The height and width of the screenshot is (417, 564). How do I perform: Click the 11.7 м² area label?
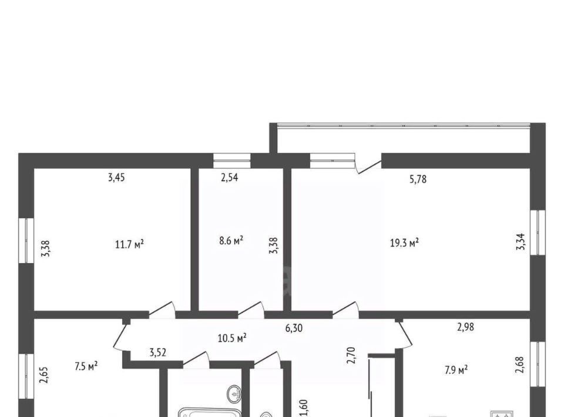click(x=129, y=245)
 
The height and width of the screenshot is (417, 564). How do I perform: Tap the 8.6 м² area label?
click(x=231, y=240)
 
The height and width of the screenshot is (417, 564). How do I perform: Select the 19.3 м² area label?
click(x=404, y=243)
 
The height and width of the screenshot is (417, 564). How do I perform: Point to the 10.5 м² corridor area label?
click(x=232, y=338)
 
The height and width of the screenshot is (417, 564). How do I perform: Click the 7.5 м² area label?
click(x=86, y=366)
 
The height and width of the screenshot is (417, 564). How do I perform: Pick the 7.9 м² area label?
click(x=456, y=370)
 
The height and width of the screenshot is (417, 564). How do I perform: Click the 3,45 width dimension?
click(x=116, y=177)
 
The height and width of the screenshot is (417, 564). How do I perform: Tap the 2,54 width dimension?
click(x=229, y=177)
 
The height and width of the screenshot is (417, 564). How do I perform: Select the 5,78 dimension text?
click(x=418, y=179)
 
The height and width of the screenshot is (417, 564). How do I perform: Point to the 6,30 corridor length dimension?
click(x=294, y=328)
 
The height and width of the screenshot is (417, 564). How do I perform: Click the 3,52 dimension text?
click(x=158, y=352)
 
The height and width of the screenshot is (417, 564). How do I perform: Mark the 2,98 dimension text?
click(x=465, y=327)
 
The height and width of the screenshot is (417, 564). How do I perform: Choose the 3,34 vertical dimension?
click(x=521, y=242)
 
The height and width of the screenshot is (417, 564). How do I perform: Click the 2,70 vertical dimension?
click(x=351, y=355)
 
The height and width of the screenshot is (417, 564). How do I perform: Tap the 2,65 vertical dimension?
click(x=45, y=375)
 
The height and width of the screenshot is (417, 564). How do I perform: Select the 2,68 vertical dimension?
click(x=519, y=365)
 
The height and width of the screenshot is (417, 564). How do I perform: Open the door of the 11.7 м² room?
click(x=162, y=310)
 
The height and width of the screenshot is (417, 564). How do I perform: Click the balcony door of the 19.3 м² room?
click(x=368, y=165)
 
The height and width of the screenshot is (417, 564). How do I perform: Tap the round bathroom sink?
click(x=234, y=394)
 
